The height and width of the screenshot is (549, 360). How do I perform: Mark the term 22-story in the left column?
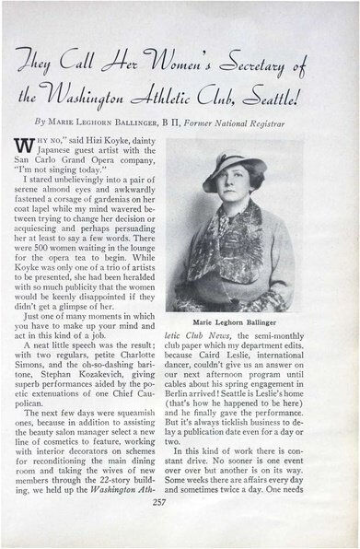click(111, 488)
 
